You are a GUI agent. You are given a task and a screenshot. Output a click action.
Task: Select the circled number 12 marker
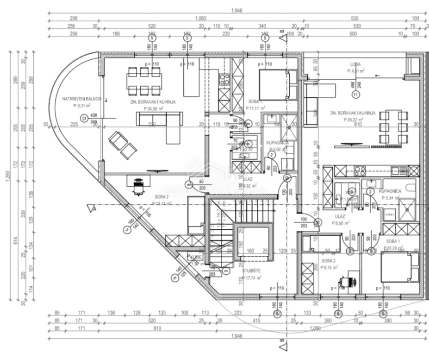tap(84, 118)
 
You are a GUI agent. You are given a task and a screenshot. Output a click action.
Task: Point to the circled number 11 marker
tap(355, 95)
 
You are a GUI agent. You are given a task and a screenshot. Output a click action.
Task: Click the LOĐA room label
tap(355, 64)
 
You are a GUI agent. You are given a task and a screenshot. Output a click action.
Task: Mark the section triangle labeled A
tap(91, 208)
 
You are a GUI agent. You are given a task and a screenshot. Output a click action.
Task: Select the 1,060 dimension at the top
tap(201, 18)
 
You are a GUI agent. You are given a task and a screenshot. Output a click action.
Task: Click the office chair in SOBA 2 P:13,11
tap(138, 187)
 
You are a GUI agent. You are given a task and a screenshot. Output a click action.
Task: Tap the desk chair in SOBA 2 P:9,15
tap(347, 281)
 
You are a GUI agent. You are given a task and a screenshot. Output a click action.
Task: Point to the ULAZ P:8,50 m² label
tap(342, 219)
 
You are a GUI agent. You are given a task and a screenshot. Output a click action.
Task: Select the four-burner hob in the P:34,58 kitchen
tap(224, 79)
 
